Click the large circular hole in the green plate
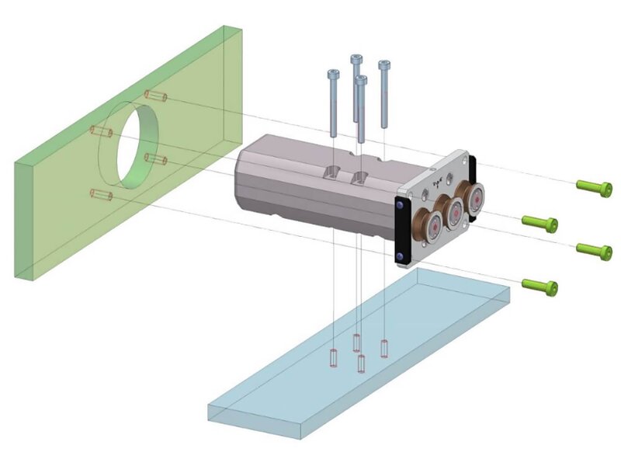[136, 145]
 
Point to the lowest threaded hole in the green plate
[102, 195]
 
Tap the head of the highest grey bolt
[356, 60]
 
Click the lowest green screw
[540, 286]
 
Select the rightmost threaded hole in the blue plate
[384, 348]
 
